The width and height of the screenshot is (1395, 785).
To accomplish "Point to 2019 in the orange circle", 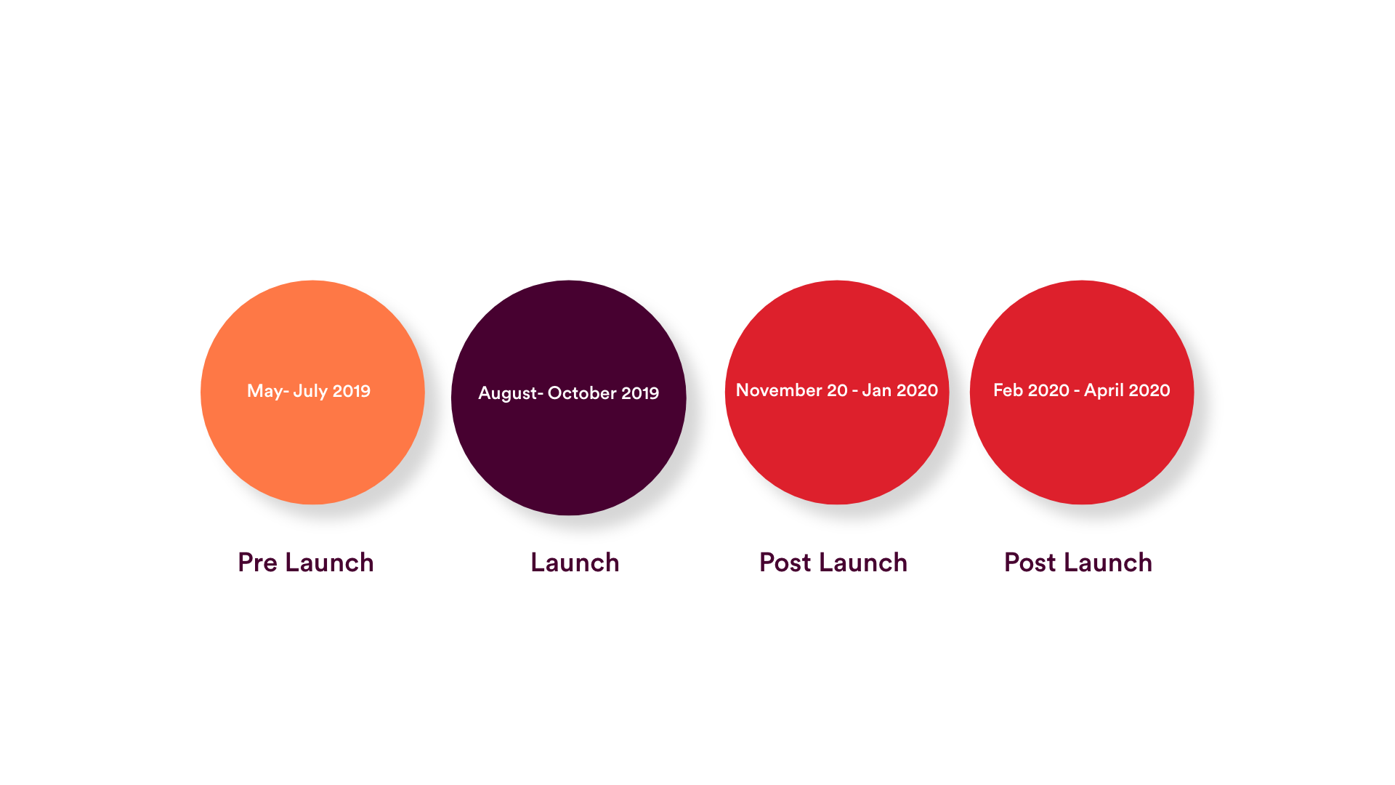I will [351, 391].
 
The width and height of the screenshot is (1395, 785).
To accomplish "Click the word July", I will [310, 391].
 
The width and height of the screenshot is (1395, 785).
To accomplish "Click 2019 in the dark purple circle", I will [640, 393].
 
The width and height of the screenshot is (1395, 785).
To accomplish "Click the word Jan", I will [876, 390].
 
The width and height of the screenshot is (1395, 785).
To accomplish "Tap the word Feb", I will [1008, 390].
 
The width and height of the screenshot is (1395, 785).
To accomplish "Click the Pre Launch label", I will [306, 563].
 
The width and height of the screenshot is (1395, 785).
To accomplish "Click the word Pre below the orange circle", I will [257, 563].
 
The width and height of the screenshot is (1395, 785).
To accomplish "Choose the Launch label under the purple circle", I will [575, 563].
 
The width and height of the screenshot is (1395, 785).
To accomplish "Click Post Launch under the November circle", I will [833, 563].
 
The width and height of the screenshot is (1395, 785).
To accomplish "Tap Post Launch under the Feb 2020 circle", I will [1078, 563].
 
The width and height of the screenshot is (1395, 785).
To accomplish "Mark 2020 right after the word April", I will [1149, 390].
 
